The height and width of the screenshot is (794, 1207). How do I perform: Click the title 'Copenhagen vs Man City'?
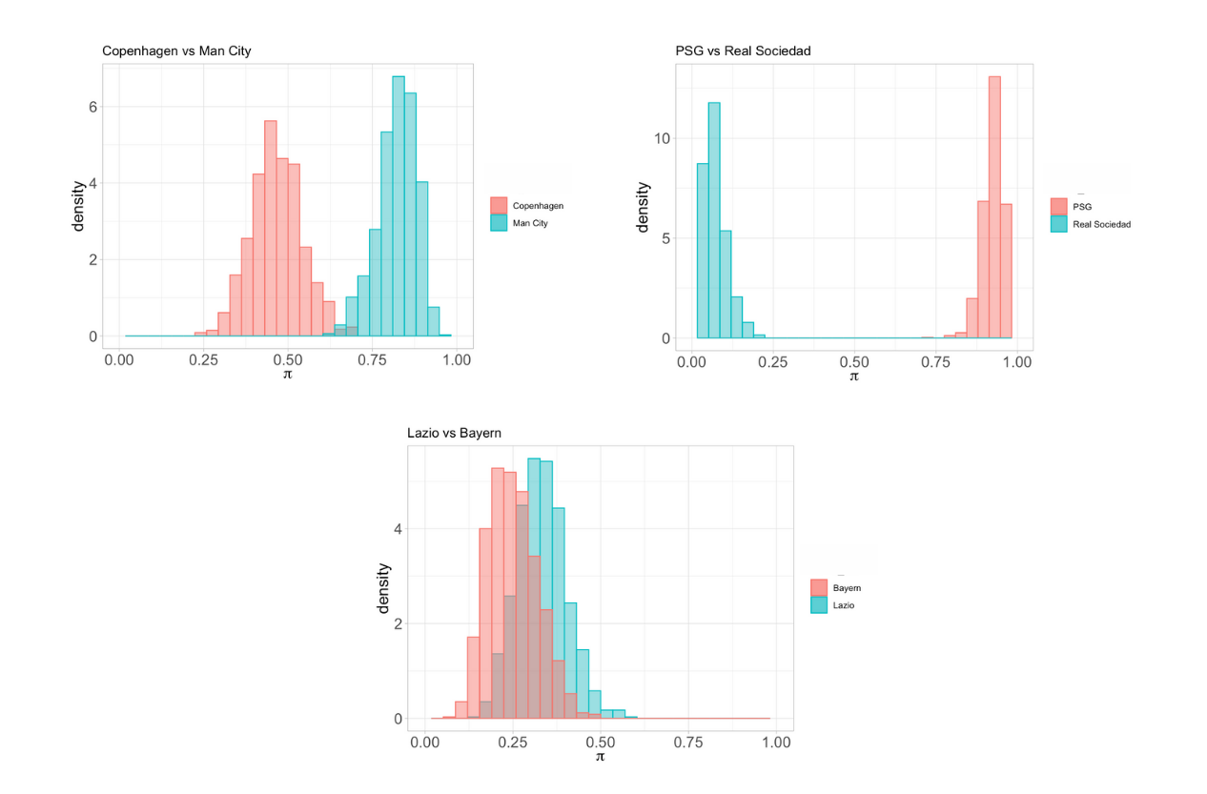pyautogui.click(x=176, y=51)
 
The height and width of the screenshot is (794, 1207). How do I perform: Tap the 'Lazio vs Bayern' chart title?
pyautogui.click(x=454, y=433)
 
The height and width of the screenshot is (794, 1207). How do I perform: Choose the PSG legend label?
pyautogui.click(x=1082, y=207)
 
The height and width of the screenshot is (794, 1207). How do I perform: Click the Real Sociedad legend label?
pyautogui.click(x=1100, y=225)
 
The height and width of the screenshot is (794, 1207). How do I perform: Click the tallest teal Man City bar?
pyautogui.click(x=399, y=206)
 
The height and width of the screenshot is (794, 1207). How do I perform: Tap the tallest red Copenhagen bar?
pyautogui.click(x=270, y=229)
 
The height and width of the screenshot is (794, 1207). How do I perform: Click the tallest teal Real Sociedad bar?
pyautogui.click(x=714, y=220)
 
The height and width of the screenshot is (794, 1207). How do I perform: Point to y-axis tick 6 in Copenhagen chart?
pyautogui.click(x=93, y=107)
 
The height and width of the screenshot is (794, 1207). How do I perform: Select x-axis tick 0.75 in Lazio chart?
pyautogui.click(x=688, y=741)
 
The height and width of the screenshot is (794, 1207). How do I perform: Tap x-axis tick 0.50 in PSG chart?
pyautogui.click(x=854, y=362)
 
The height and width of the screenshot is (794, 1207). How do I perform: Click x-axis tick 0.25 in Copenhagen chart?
pyautogui.click(x=204, y=360)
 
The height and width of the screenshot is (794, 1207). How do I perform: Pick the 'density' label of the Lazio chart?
pyautogui.click(x=384, y=588)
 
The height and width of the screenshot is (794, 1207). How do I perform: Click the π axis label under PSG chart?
pyautogui.click(x=854, y=377)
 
